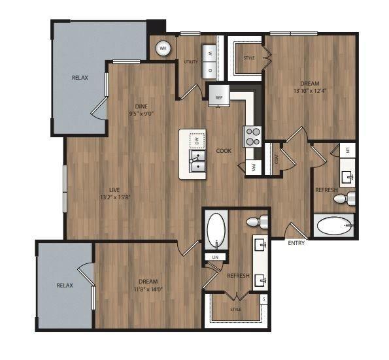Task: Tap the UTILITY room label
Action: (191, 61)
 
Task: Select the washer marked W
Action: (210, 51)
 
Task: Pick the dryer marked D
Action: (210, 69)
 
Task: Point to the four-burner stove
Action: (252, 135)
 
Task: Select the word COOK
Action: (224, 151)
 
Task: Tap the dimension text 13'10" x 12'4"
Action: (310, 91)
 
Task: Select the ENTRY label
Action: (296, 243)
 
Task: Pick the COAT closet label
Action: (276, 158)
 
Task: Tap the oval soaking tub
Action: (215, 229)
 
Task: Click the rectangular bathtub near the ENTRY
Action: (333, 227)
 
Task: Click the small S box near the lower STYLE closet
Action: (263, 300)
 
